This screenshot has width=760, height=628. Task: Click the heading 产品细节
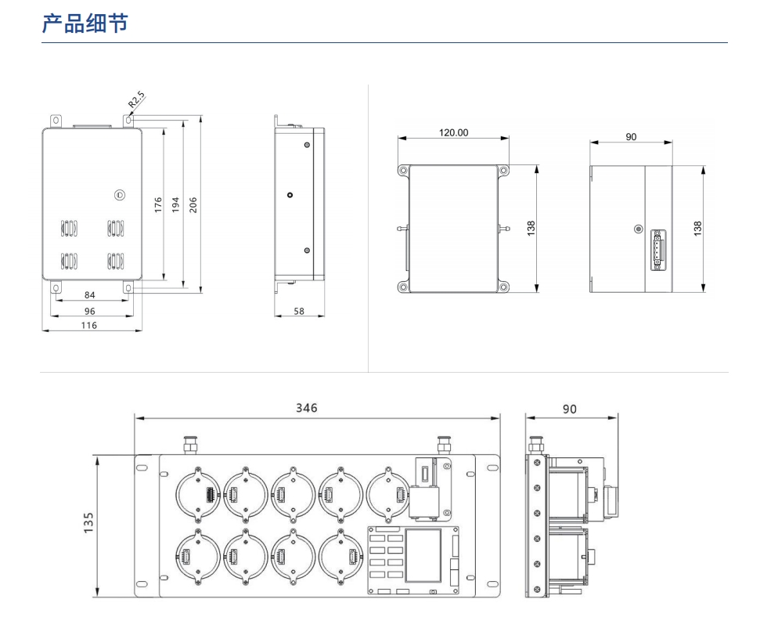(x=85, y=23)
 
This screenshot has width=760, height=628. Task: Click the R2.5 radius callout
(x=137, y=99)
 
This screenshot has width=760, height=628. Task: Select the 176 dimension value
(x=158, y=205)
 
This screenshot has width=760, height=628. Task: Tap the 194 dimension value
(x=176, y=205)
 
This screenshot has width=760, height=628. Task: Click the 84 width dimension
(x=90, y=295)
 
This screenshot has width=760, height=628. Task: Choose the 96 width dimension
(x=90, y=311)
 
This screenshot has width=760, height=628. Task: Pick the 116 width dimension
(x=90, y=325)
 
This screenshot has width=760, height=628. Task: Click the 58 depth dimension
(x=299, y=311)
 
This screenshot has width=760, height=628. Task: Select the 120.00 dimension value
(x=453, y=132)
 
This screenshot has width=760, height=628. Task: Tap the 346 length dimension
(x=307, y=408)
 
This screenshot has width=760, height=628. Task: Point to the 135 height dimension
(x=88, y=522)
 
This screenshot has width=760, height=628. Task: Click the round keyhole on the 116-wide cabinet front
(x=119, y=194)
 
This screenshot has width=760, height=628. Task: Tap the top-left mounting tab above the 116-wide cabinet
(x=55, y=121)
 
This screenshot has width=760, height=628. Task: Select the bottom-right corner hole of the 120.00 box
(x=503, y=287)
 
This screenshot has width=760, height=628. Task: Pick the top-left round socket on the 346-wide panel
(x=197, y=495)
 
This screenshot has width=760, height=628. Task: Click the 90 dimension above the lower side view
(x=570, y=409)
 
